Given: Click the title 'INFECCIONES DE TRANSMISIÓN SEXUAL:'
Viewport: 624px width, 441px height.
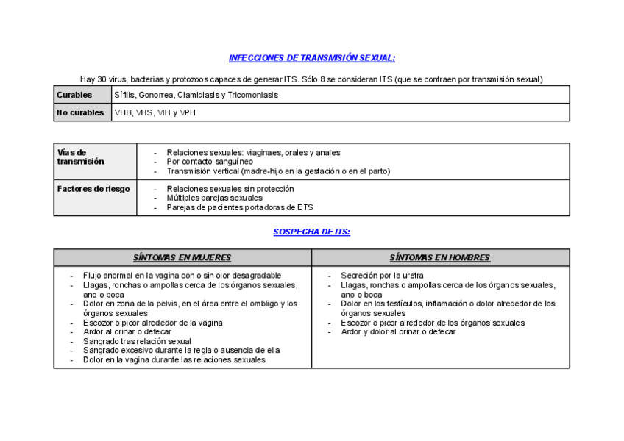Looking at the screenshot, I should click(x=311, y=58).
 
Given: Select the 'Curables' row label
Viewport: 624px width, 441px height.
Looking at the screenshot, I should click(x=74, y=95).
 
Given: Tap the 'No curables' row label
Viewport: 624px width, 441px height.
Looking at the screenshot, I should click(x=80, y=112).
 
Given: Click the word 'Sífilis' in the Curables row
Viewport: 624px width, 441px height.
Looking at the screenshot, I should click(x=124, y=95).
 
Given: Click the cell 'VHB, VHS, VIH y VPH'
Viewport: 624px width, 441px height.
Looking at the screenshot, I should click(x=155, y=112).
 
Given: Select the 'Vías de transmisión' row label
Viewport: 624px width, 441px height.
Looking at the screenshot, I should click(x=80, y=157).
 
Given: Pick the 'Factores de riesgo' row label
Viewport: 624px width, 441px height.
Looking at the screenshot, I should click(x=93, y=189).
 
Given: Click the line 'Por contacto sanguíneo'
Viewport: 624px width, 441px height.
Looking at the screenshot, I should click(x=210, y=162).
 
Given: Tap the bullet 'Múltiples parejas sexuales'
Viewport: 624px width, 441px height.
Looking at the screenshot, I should click(x=214, y=198).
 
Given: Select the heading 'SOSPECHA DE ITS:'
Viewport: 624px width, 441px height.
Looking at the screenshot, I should click(x=311, y=232).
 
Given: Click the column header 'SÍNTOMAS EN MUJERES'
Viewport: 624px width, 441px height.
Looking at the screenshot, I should click(x=182, y=257).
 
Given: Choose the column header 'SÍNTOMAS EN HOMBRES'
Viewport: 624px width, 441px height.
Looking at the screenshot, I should click(x=439, y=257).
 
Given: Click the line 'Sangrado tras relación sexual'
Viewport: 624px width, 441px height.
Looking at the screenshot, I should click(x=137, y=341).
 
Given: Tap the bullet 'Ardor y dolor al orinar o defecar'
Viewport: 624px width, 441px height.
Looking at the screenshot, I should click(x=398, y=331).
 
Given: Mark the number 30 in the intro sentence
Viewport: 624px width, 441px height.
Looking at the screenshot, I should click(x=104, y=79).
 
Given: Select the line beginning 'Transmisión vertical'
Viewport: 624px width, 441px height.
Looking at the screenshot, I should click(x=278, y=171).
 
